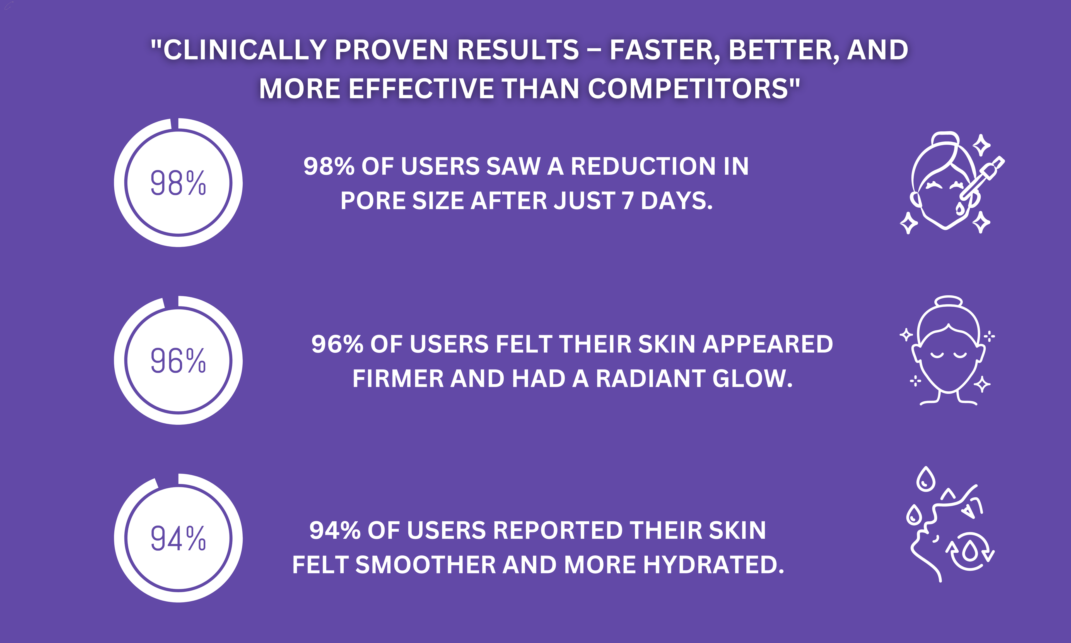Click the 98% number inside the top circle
[178, 183]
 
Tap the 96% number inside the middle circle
[178, 361]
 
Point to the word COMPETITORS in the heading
[688, 88]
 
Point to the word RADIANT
[651, 379]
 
